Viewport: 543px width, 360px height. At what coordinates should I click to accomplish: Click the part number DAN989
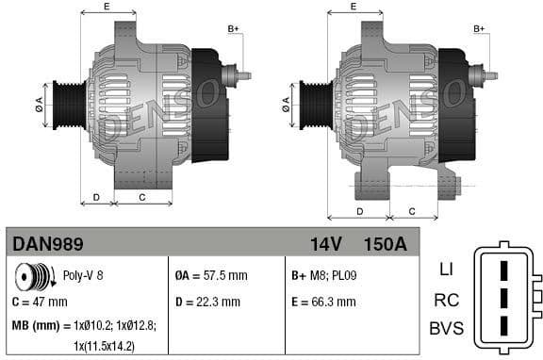click(48, 244)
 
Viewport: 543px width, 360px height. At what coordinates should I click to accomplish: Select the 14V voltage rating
click(325, 244)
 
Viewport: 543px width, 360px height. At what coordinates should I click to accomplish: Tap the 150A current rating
click(385, 244)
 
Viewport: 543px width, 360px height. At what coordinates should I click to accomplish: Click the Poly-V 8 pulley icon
click(31, 277)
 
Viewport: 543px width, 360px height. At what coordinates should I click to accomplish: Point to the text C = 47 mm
click(40, 303)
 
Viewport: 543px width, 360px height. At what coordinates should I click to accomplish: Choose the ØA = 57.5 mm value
click(211, 276)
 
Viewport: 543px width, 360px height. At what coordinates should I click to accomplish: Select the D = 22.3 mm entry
click(207, 303)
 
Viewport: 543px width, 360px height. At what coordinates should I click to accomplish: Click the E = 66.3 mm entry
click(324, 303)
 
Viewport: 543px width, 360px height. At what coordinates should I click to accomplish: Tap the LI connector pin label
click(446, 269)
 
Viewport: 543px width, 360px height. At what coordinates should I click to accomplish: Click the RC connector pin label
click(446, 300)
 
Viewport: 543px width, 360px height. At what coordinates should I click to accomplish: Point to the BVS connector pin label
click(446, 329)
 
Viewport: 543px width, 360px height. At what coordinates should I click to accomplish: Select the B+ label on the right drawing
click(479, 30)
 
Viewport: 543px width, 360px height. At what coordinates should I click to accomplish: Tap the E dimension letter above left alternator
click(106, 8)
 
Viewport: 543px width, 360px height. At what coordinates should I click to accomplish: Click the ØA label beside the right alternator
click(286, 105)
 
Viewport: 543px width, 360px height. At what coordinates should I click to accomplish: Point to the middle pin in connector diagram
click(504, 299)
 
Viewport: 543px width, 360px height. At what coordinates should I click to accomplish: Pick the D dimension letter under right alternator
click(359, 211)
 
